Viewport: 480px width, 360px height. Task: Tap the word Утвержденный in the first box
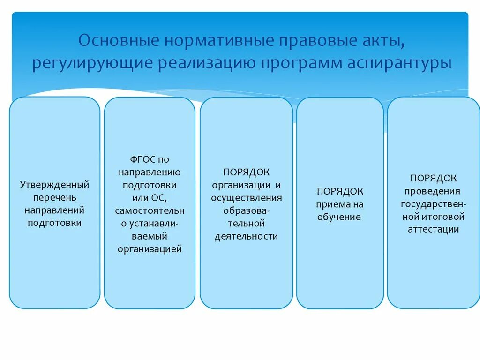click(54, 185)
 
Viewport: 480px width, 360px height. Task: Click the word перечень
click(54, 197)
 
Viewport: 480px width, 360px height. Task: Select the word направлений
click(54, 210)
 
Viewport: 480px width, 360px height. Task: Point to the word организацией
click(150, 249)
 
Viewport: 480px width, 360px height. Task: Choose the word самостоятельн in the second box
click(150, 210)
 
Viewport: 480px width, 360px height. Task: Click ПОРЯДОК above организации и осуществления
click(246, 172)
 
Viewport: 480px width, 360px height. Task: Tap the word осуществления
click(246, 197)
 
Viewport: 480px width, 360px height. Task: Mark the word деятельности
click(246, 236)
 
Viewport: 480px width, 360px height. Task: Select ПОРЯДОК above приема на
click(340, 191)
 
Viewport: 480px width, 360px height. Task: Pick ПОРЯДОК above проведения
click(434, 178)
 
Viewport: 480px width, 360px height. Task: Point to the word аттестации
click(433, 230)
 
